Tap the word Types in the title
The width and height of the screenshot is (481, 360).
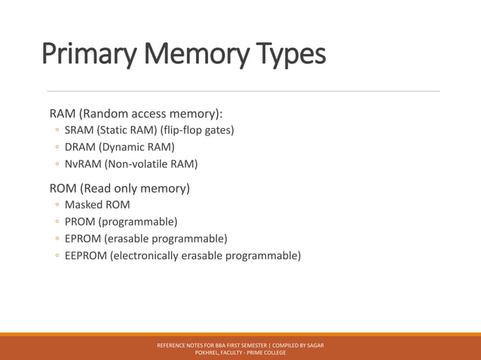pos(289,54)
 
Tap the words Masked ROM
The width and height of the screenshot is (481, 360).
pos(97,204)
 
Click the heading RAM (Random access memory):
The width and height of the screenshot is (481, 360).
pos(136,114)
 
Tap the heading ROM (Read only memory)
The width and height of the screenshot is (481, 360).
pos(119,188)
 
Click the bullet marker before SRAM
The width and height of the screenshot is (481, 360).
pos(56,130)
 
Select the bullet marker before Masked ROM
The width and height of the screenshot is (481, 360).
pos(56,205)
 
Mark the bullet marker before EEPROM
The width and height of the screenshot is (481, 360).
pos(56,256)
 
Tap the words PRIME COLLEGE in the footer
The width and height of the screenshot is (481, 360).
pos(267,352)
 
